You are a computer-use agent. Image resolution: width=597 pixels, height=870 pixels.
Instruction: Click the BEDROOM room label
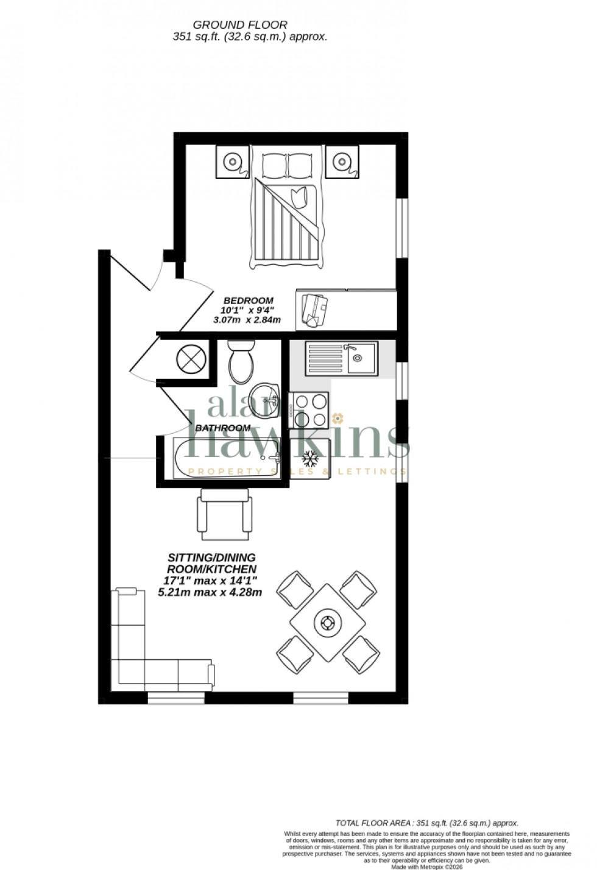[248, 300]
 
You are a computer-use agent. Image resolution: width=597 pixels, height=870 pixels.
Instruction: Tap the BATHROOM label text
[222, 428]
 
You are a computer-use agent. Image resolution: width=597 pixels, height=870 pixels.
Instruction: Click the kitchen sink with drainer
[341, 358]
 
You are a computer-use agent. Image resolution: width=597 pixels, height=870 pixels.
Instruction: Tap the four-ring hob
[311, 409]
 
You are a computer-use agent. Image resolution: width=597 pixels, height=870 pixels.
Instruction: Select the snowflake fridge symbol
[311, 458]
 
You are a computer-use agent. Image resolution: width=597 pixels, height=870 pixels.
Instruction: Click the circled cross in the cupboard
[189, 358]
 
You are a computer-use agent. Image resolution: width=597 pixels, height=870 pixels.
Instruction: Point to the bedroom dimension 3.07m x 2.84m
[247, 319]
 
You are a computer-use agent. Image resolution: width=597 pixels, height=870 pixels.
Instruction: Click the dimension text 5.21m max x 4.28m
[210, 592]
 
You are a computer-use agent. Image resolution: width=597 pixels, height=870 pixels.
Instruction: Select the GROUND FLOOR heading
[240, 24]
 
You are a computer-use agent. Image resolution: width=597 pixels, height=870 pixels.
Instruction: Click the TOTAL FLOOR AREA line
[427, 822]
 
